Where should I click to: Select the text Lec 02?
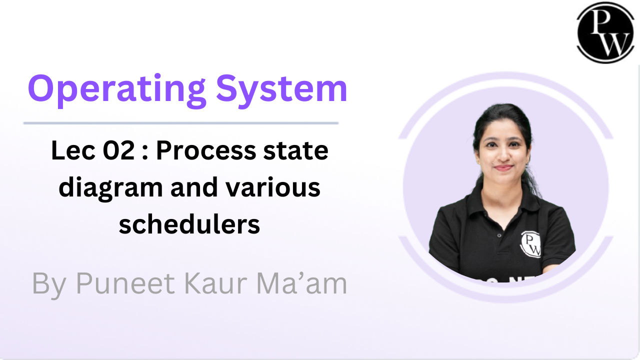pos(92,151)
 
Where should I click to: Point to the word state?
pos(299,151)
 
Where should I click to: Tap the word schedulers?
pos(189,224)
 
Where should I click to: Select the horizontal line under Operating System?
pos(181,122)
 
